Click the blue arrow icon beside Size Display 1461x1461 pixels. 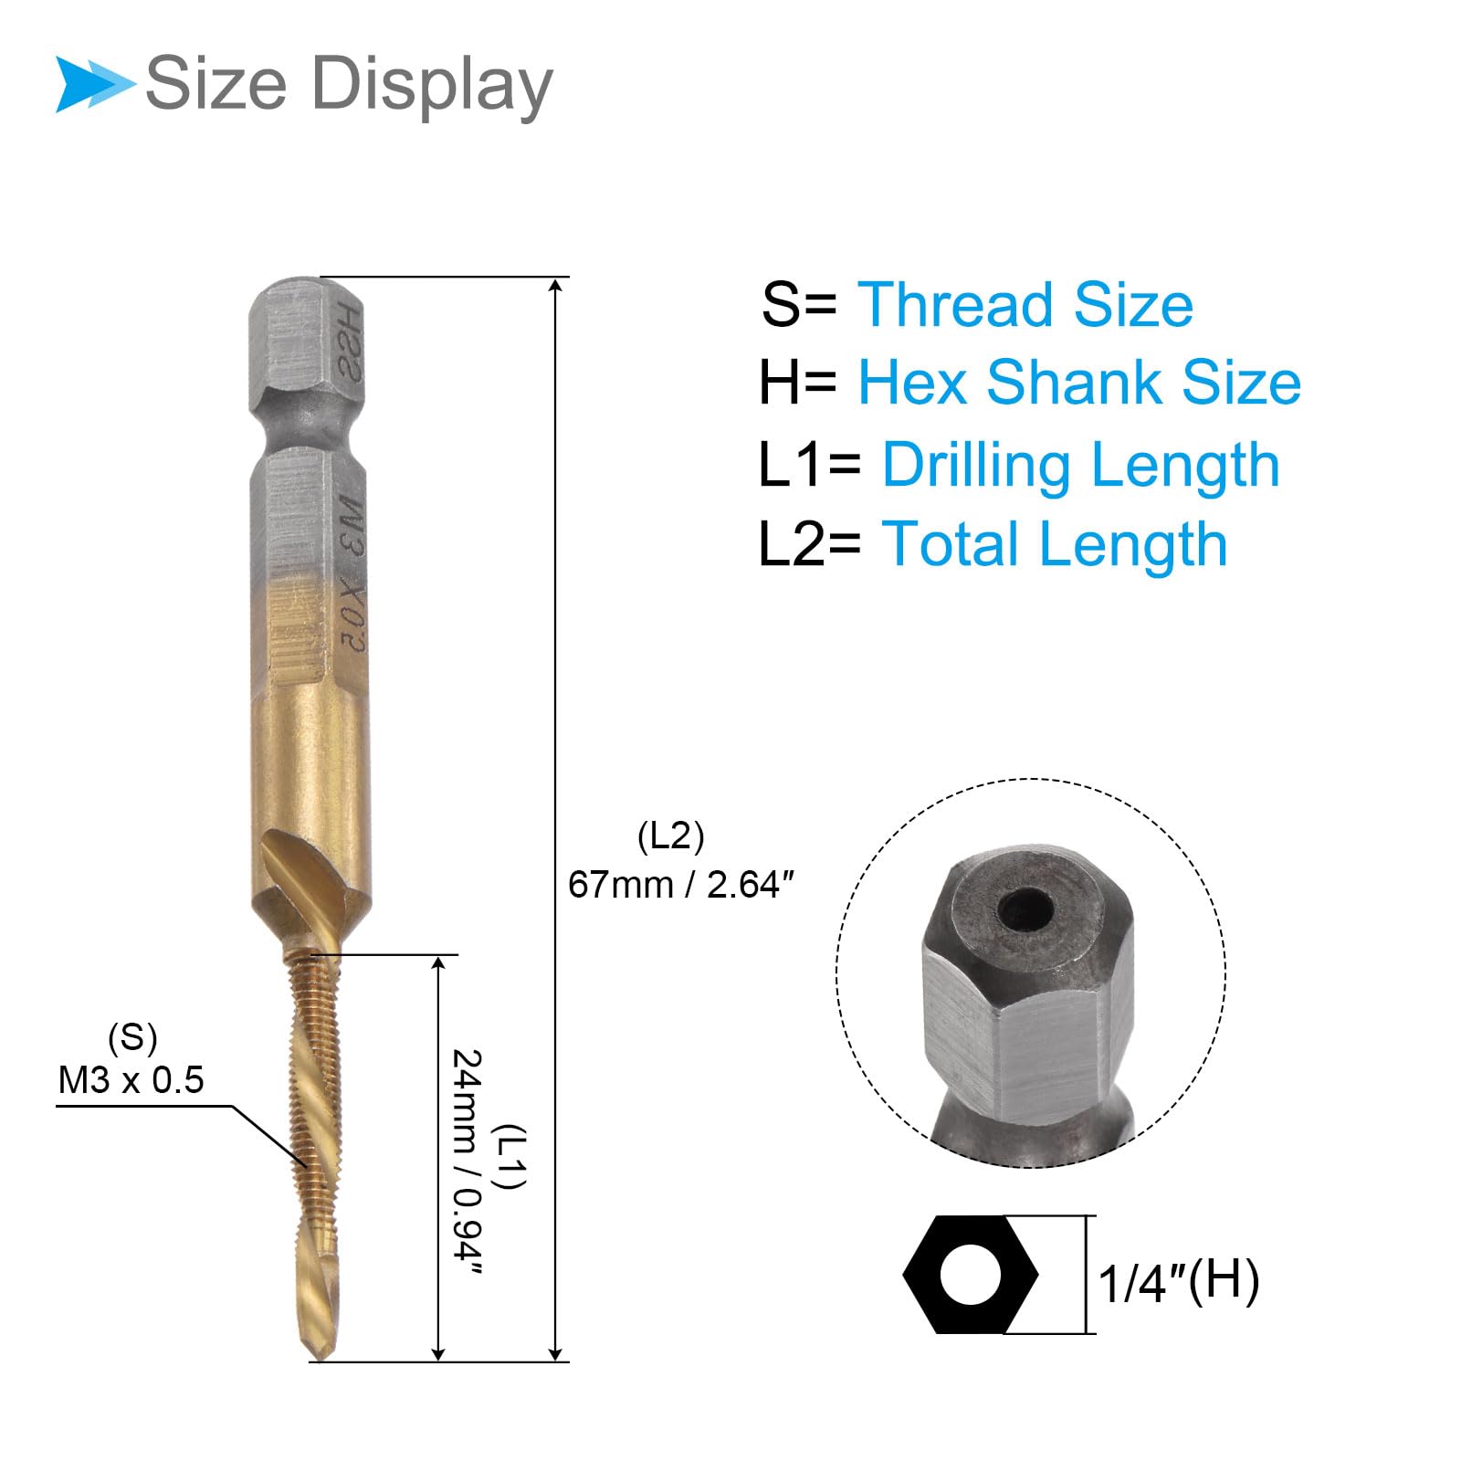95,84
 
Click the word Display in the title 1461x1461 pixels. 432,85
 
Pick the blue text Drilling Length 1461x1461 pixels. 1081,465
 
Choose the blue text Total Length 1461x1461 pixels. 1055,544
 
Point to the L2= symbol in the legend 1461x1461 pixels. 810,544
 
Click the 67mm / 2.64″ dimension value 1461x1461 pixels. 681,885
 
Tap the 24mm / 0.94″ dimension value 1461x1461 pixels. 467,1163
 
